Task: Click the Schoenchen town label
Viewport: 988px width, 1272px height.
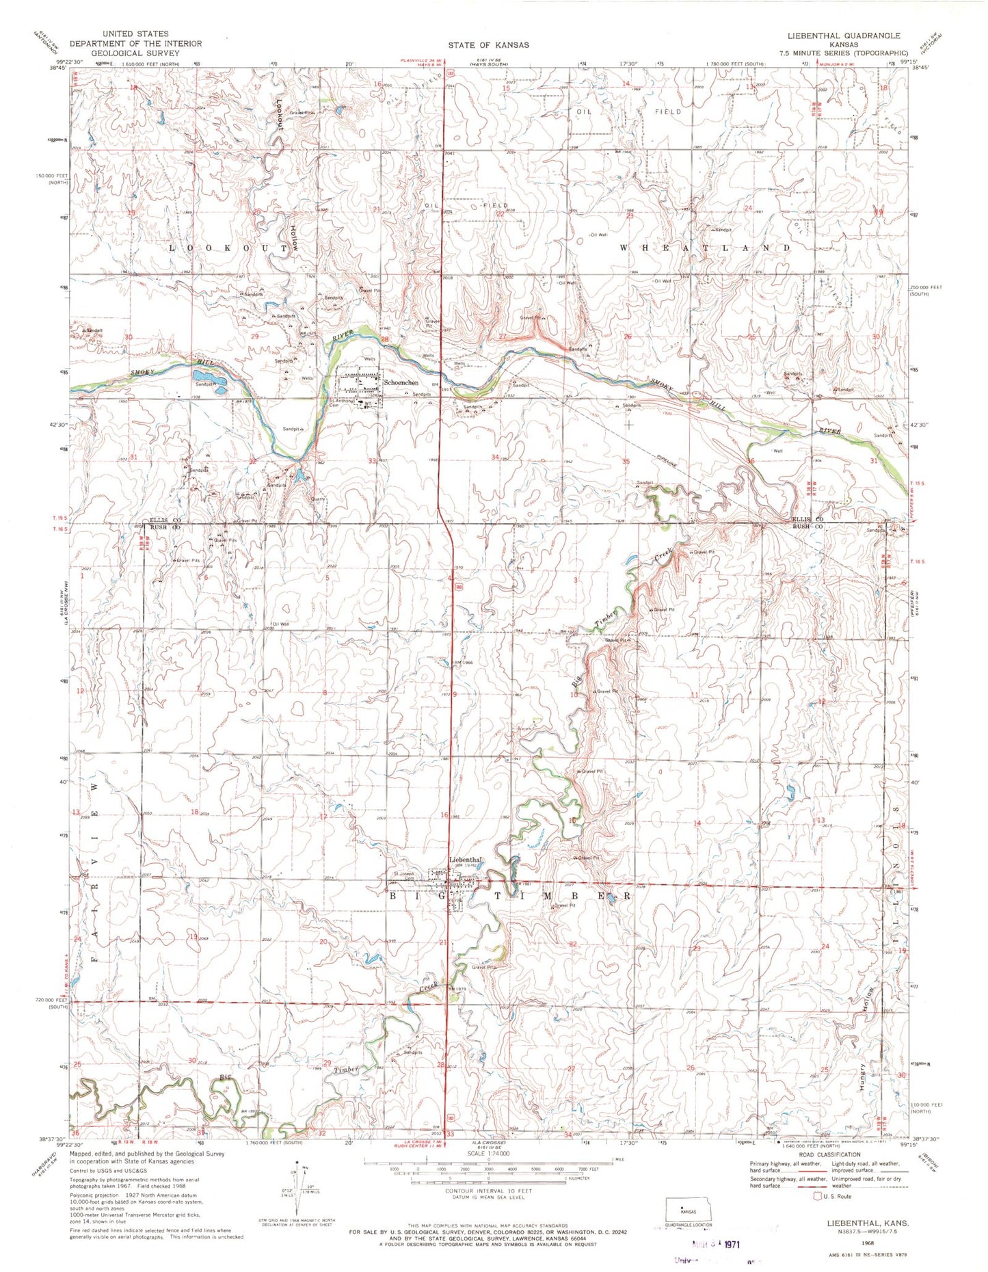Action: (401, 382)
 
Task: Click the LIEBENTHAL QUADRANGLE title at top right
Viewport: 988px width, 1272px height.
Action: (843, 36)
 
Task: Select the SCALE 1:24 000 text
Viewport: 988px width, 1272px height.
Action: (488, 1153)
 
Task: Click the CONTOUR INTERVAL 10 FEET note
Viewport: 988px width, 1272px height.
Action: (488, 1191)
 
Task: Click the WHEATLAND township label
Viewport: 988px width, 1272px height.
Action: (705, 247)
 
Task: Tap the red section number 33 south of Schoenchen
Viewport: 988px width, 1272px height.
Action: (372, 461)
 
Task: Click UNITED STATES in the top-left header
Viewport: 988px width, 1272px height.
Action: (134, 34)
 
